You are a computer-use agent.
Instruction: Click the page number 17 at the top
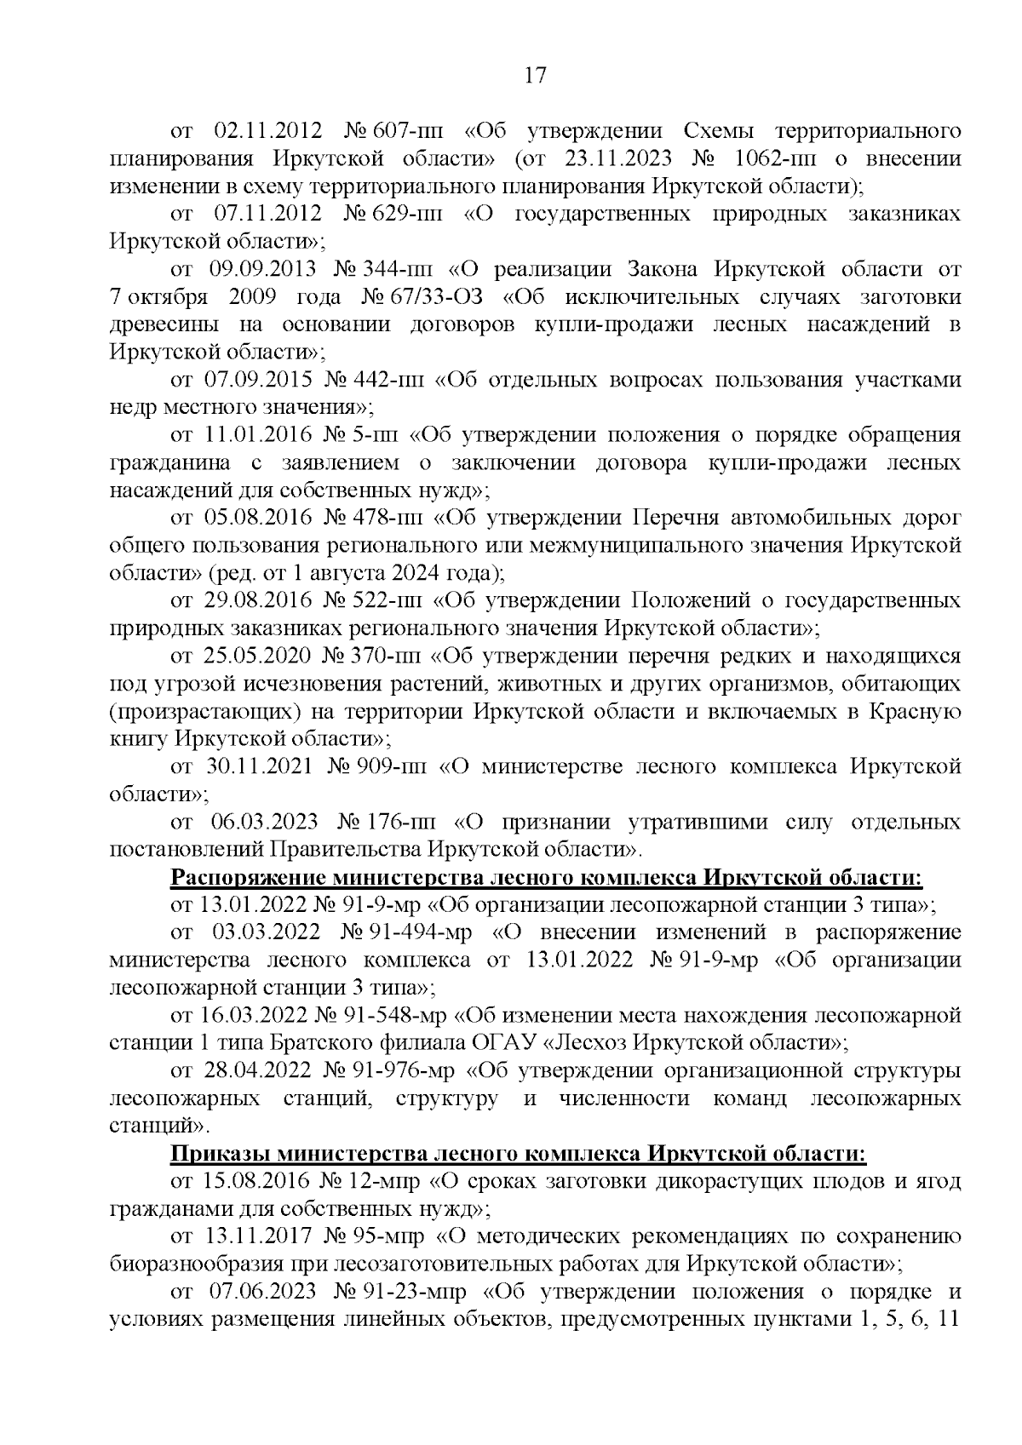click(x=534, y=76)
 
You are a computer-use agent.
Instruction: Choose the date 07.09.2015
click(x=261, y=380)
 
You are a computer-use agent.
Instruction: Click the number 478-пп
click(x=385, y=518)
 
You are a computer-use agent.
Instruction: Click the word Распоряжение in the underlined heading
click(x=248, y=877)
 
